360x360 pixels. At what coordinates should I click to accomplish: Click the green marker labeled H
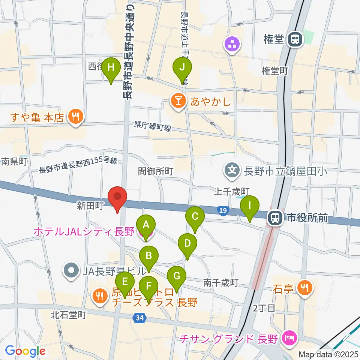coord(111,69)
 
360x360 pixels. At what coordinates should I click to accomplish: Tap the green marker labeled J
coord(182,69)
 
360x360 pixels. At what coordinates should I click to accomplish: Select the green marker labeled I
coord(250,206)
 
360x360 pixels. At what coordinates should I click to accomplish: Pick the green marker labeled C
coord(195,217)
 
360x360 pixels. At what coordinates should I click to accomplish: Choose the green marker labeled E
coord(125,282)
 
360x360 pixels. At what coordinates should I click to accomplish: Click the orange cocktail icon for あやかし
coord(177,100)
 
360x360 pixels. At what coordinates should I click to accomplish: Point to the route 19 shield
coord(223,211)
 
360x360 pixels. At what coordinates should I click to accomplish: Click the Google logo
coord(25,351)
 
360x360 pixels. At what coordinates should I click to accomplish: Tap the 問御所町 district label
coord(155,171)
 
